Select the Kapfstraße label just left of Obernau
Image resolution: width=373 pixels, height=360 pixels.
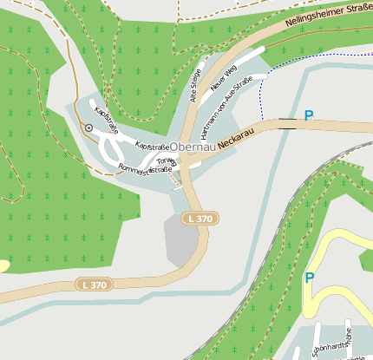tap(152, 147)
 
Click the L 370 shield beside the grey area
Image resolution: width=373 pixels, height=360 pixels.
tap(199, 219)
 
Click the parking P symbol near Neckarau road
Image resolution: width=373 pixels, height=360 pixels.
tap(308, 115)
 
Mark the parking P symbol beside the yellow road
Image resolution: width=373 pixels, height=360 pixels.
tap(309, 278)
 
